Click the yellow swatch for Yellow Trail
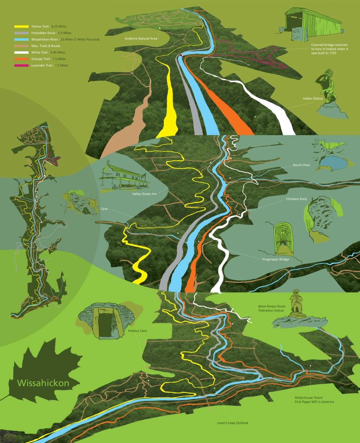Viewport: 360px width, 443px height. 21,27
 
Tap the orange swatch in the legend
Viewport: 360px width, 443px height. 21,59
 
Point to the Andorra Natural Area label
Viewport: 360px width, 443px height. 141,39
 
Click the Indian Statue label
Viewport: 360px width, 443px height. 313,98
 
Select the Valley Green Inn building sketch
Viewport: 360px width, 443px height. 123,176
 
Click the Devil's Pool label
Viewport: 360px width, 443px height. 301,165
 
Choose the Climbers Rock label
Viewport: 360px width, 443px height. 296,199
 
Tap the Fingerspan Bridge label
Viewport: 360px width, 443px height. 276,259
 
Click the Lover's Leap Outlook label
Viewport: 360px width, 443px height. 233,423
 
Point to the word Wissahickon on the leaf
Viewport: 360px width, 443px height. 43,383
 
